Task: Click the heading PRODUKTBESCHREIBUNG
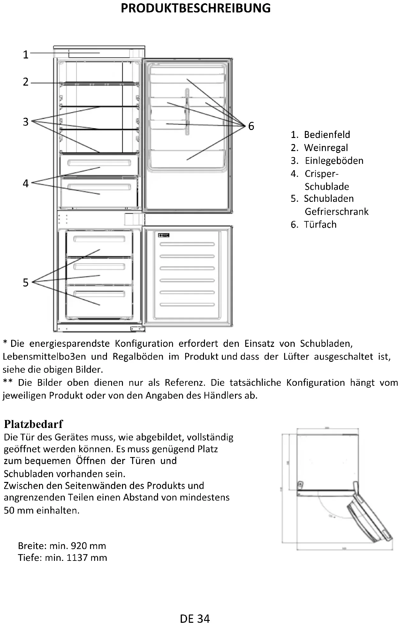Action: [x=195, y=8]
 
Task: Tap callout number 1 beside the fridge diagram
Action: [x=26, y=55]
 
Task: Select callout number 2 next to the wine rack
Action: [x=26, y=82]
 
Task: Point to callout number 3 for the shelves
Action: [x=26, y=122]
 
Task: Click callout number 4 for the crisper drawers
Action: [x=26, y=183]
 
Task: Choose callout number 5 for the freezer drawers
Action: [x=26, y=283]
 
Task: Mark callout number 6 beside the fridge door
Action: [x=251, y=126]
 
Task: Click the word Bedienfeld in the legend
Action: [x=327, y=135]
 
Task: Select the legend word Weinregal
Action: [x=326, y=148]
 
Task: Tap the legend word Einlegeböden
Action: [x=334, y=161]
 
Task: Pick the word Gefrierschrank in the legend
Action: [x=337, y=211]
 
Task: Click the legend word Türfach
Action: [x=320, y=225]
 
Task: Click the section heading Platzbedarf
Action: [x=34, y=424]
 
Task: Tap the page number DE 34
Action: [x=195, y=619]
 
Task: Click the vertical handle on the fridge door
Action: [x=187, y=112]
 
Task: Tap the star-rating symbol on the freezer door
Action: [x=164, y=235]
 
